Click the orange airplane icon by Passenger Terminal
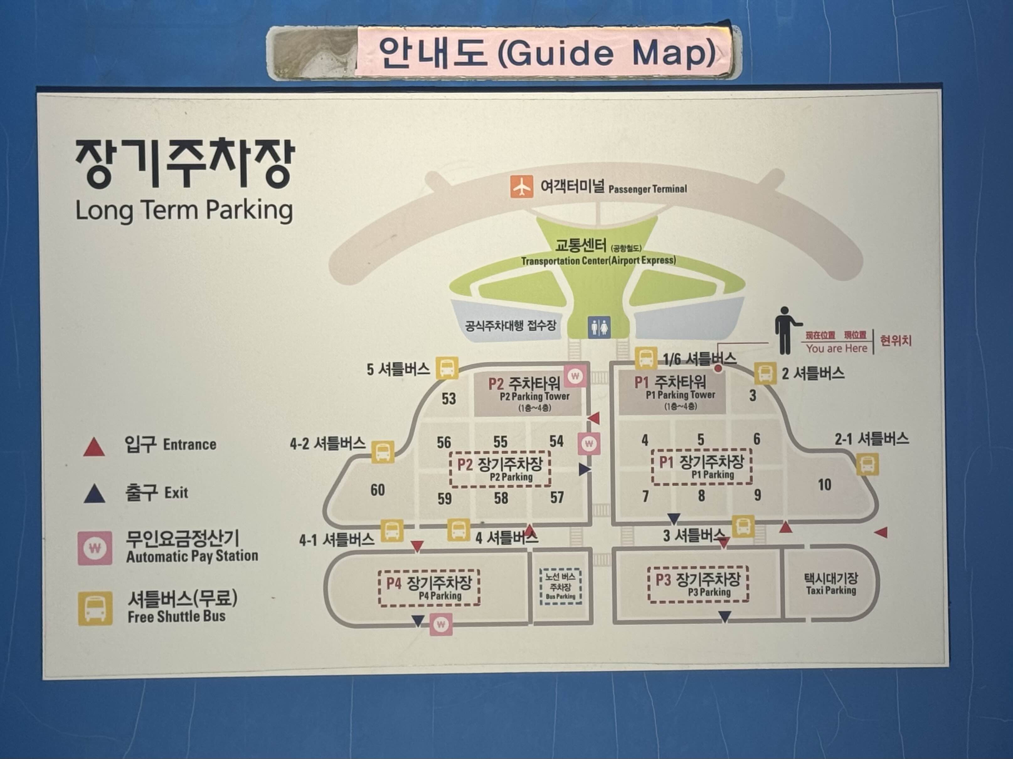pos(522,187)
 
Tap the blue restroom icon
pos(599,327)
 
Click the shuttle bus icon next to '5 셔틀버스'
pos(447,368)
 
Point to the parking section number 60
pos(377,490)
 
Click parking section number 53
pos(448,398)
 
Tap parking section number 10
pos(824,485)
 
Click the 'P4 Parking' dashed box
pos(429,588)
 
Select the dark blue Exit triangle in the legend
pos(95,494)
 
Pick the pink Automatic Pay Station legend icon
pos(94,548)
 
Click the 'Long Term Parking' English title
pos(184,211)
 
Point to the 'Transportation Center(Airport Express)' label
pos(598,261)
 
